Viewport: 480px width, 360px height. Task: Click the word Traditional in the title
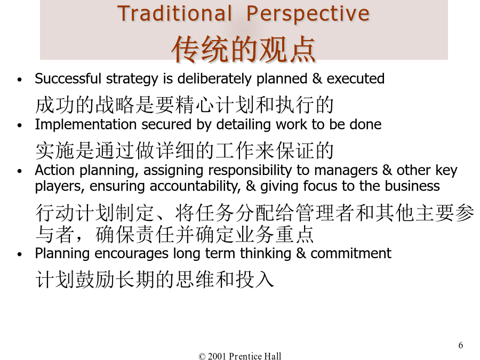[174, 14]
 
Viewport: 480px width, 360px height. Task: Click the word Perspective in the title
[308, 14]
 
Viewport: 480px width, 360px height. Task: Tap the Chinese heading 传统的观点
[243, 49]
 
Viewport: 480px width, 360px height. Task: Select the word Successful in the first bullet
[68, 79]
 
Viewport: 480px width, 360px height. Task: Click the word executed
[355, 79]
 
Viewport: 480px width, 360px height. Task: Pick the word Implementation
[86, 125]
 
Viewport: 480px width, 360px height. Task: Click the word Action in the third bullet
[55, 170]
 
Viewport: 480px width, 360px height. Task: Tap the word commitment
[351, 253]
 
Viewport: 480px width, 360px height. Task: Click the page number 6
[460, 345]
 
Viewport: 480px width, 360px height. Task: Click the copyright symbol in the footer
[202, 356]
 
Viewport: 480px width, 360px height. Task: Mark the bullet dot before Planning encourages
[20, 254]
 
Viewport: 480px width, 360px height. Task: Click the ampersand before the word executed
[317, 79]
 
